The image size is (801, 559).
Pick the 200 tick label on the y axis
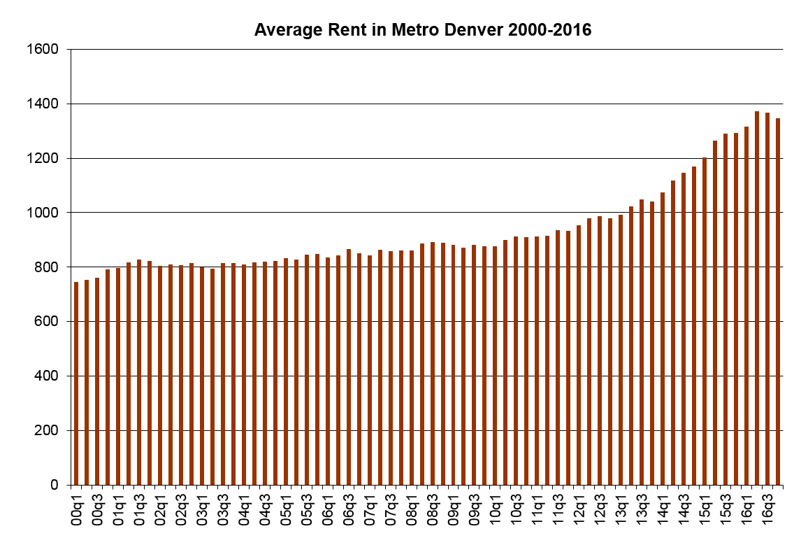click(54, 431)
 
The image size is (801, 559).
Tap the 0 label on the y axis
click(61, 486)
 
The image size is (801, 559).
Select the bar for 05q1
click(286, 372)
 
